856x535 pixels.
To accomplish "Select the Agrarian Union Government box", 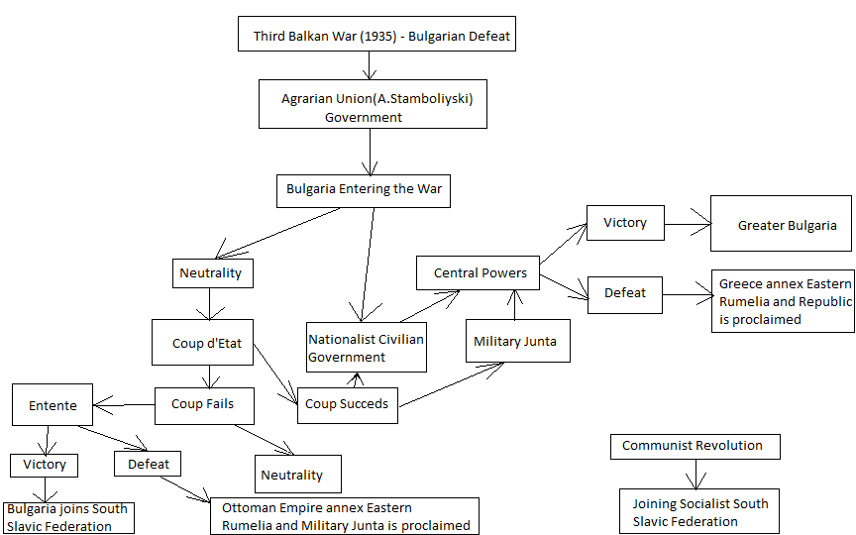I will click(x=373, y=104).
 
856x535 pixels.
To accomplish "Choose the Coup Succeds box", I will click(x=348, y=403).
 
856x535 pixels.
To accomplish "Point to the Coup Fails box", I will click(x=203, y=404).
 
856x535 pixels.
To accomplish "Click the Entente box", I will click(x=53, y=405).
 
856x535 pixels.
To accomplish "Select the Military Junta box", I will click(x=515, y=341).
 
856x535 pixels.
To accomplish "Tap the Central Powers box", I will click(x=481, y=272).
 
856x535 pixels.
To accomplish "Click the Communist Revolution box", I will click(x=695, y=446).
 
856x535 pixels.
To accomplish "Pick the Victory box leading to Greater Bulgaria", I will click(x=624, y=222).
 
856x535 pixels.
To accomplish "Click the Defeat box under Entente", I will click(x=148, y=463).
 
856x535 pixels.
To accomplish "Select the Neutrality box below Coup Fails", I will click(x=297, y=475).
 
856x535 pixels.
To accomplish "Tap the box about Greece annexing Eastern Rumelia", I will click(x=783, y=301).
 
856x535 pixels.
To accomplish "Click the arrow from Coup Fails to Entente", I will click(x=124, y=404).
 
